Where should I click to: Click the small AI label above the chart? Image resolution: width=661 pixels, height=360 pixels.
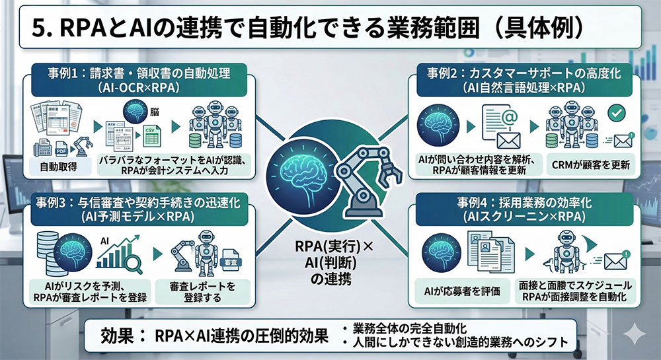point(104,241)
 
